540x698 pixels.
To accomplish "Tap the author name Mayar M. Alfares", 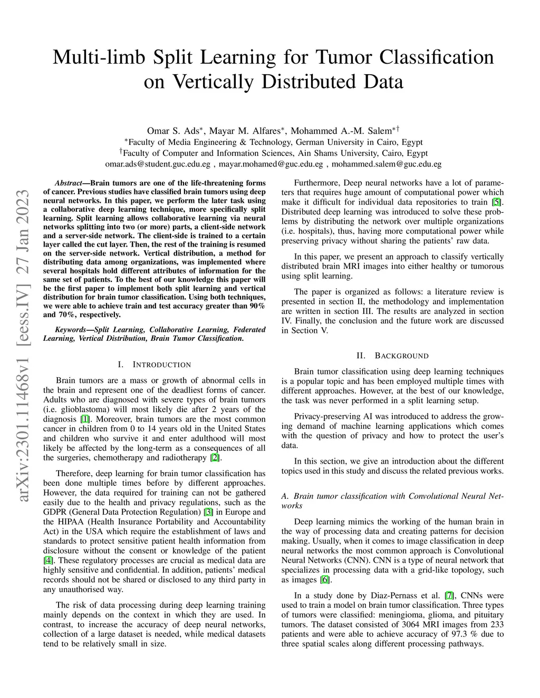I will coord(245,131).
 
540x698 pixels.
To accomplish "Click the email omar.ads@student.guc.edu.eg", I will coord(158,164).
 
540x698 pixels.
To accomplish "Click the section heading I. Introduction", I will coord(154,365).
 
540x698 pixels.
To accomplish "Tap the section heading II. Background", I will coord(392,356).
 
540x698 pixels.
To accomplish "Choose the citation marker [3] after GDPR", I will coord(209,512).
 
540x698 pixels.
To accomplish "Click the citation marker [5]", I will coord(496,202).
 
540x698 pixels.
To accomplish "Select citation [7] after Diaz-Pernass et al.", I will coord(449,596).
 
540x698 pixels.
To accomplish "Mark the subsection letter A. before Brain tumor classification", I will coord(285,496).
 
